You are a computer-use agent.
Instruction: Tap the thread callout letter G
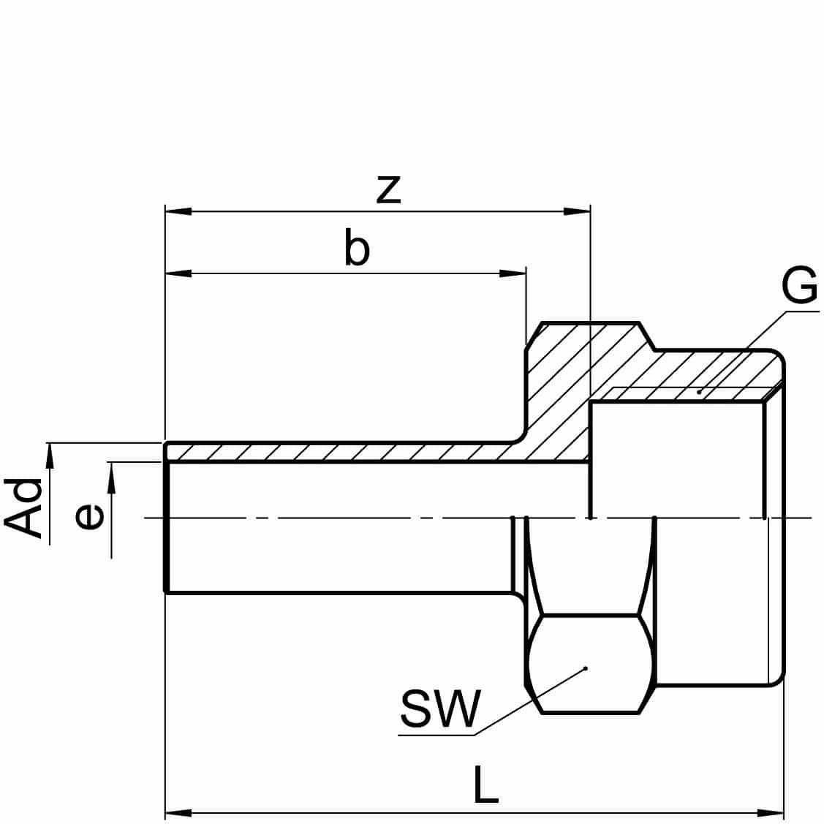[798, 287]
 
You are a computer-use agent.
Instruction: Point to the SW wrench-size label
[441, 708]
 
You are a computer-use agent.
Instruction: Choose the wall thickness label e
[88, 517]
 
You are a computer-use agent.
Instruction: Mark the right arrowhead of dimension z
[577, 211]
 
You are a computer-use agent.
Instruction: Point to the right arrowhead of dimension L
[771, 812]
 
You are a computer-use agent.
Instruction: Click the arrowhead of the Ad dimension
[50, 455]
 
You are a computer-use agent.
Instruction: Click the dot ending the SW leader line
[586, 668]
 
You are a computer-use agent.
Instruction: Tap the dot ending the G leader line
[699, 393]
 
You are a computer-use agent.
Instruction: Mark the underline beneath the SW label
[436, 733]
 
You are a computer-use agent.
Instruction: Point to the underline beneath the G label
[801, 311]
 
